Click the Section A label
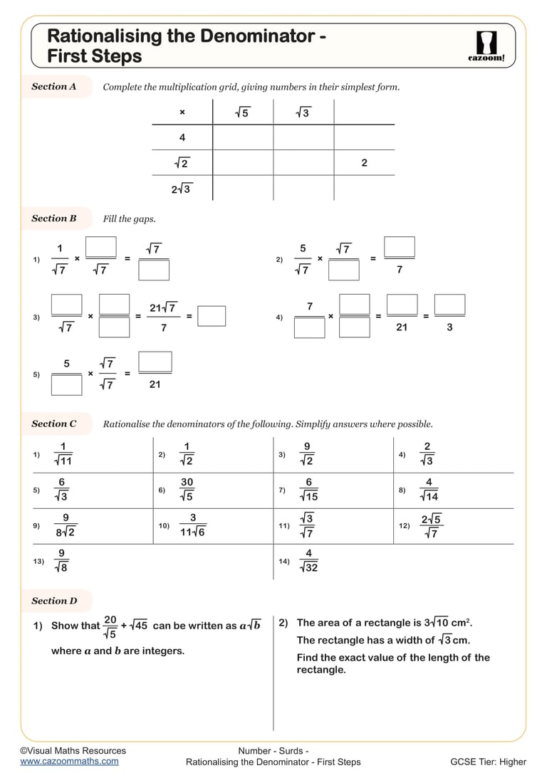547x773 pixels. coord(54,87)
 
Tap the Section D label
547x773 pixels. coord(54,601)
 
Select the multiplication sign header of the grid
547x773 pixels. coord(182,112)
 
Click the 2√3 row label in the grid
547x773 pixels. coord(182,189)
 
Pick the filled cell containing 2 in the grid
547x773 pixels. coord(364,163)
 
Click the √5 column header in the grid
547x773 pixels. coord(242,112)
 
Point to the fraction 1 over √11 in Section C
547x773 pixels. coord(63,454)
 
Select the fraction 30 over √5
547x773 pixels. coord(187,490)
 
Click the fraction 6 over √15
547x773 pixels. coord(309,490)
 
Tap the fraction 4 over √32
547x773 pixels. coord(308,560)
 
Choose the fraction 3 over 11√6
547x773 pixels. coord(192,525)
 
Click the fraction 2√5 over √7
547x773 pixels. coord(431,525)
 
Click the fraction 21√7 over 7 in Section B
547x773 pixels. coord(163,317)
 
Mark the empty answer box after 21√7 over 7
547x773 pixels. coord(212,316)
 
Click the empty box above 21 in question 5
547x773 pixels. coord(155,362)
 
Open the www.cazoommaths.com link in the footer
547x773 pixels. coord(69,761)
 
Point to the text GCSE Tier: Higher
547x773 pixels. coord(488,762)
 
